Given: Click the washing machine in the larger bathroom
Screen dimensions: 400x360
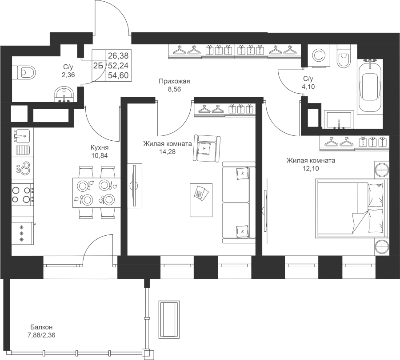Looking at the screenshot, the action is [x=318, y=56].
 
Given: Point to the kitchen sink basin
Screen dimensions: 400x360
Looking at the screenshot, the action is [x=22, y=136].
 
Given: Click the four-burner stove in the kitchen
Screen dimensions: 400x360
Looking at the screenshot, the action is [x=22, y=195].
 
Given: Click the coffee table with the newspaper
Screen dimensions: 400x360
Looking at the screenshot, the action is [x=201, y=200].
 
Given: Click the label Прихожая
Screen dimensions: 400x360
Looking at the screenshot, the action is [x=175, y=82].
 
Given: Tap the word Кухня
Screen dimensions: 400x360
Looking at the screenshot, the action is [x=100, y=147].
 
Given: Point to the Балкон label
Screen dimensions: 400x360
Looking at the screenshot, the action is [x=41, y=327].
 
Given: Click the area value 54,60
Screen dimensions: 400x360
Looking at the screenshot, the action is [x=118, y=76].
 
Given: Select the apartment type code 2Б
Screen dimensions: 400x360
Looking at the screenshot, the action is [x=98, y=66].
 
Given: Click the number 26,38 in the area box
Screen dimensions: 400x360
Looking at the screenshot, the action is [x=118, y=55].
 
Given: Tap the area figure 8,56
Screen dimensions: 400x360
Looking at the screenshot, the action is [x=175, y=90].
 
